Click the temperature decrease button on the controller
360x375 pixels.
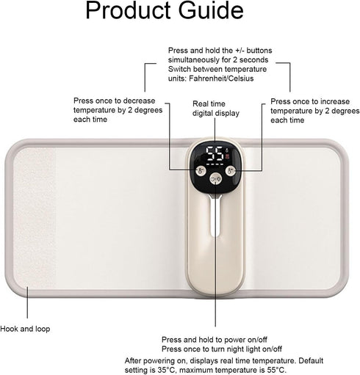pos(201,170)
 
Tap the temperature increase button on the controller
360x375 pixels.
pos(231,170)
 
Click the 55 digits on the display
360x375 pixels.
pos(215,154)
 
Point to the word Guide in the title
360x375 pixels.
pos(211,10)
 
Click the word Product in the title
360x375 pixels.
pos(129,10)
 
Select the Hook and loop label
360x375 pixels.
pos(25,329)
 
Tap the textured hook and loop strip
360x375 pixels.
pos(34,218)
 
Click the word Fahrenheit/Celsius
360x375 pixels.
pos(221,79)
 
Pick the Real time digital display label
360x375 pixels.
pos(216,109)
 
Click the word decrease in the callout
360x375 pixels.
pos(139,101)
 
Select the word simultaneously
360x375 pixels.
pos(197,59)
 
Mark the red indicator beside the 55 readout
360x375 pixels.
pos(228,156)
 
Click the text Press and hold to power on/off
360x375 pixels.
pos(215,340)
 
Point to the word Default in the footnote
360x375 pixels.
pos(311,360)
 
